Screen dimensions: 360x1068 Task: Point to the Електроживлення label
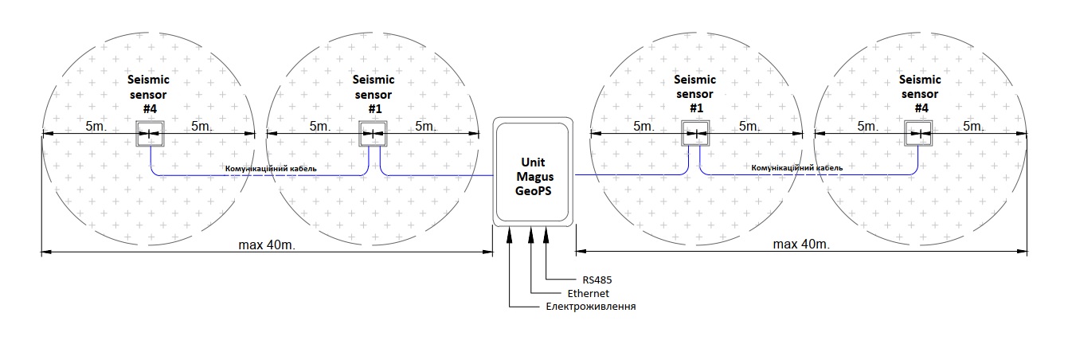590,307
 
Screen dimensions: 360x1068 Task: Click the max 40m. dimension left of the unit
267,244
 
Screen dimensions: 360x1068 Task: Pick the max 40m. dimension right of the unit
801,244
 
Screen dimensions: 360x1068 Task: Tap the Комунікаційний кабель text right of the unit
796,169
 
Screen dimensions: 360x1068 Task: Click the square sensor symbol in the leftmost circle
150,134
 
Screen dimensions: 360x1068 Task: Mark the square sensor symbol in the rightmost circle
920,134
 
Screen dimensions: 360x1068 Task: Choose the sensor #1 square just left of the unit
373,134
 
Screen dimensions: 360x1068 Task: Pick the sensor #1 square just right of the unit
695,134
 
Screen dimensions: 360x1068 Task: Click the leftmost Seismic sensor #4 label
150,94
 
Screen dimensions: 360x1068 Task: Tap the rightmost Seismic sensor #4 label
920,94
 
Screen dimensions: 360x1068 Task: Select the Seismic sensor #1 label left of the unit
374,94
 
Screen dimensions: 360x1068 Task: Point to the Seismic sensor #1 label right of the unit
695,94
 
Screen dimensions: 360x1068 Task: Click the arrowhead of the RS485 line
546,232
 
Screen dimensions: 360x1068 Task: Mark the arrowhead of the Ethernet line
528,232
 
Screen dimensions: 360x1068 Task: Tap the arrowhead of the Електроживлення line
510,232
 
